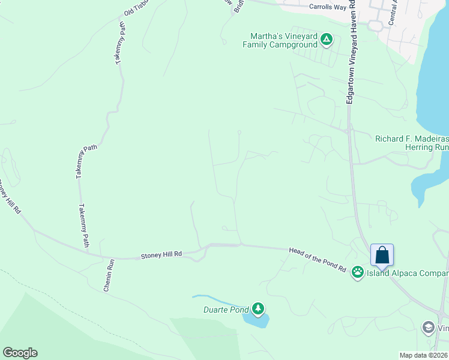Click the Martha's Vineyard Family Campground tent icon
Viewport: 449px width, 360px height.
tap(326, 40)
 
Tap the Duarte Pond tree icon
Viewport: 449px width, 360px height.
tap(258, 309)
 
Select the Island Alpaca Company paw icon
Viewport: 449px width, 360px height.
tap(358, 272)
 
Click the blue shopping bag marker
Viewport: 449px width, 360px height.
tap(382, 256)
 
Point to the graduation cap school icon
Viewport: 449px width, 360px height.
tap(428, 328)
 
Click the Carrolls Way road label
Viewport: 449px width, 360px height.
tap(328, 7)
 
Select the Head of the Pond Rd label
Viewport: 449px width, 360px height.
tap(318, 260)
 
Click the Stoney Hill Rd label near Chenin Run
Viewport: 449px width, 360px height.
tap(160, 256)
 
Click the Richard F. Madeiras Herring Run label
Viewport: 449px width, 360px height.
tap(412, 143)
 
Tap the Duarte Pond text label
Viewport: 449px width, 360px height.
tap(221, 310)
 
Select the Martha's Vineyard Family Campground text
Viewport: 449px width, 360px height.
tap(280, 40)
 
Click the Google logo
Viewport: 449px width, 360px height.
tap(20, 353)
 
